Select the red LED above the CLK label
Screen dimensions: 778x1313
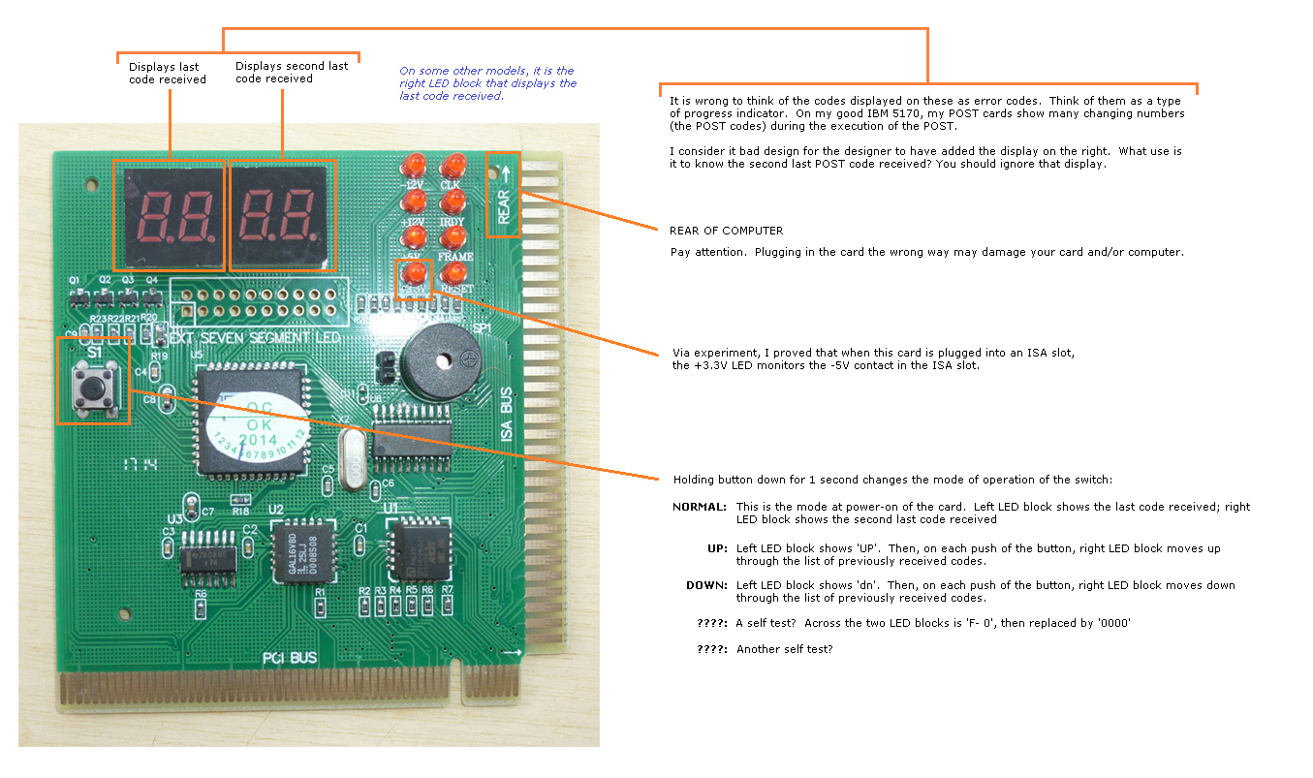click(452, 165)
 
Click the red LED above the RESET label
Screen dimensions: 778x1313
click(452, 273)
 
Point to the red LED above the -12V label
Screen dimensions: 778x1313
click(415, 165)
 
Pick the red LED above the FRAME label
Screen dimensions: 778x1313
click(452, 237)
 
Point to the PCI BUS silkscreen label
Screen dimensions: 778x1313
click(290, 659)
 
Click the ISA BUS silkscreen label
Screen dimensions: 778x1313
click(506, 416)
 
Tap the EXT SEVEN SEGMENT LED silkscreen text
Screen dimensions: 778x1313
click(256, 338)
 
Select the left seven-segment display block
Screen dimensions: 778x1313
click(169, 214)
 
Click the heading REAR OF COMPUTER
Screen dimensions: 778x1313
click(726, 231)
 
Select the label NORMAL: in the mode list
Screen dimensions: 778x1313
click(699, 507)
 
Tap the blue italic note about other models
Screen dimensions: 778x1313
click(487, 83)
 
